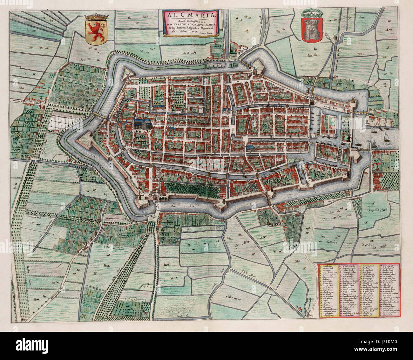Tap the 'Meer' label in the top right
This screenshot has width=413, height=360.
point(361,18)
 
